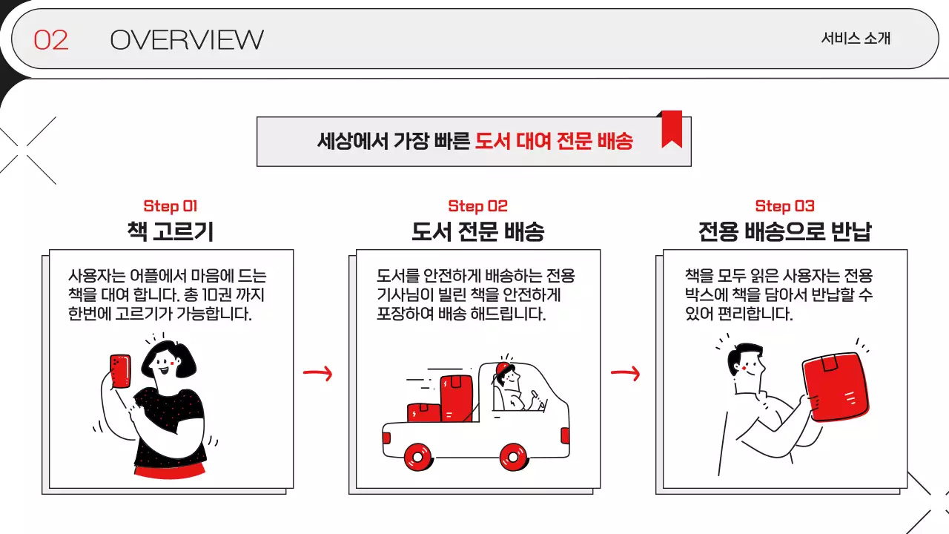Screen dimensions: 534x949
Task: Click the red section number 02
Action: [50, 40]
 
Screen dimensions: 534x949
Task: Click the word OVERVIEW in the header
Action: [186, 40]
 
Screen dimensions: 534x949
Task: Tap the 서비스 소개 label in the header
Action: [855, 39]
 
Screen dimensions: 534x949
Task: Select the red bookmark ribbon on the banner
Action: [671, 128]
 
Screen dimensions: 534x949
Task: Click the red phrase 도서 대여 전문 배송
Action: [554, 141]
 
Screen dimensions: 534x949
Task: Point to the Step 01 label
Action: [171, 206]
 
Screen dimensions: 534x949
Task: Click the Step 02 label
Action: [477, 206]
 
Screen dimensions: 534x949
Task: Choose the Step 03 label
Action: [784, 206]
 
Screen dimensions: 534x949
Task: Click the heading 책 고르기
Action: [171, 232]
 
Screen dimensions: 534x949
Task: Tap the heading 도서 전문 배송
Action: [477, 232]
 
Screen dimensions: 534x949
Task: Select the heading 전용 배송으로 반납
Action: [784, 232]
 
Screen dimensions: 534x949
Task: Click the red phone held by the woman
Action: [120, 371]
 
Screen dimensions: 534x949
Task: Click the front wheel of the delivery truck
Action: [512, 455]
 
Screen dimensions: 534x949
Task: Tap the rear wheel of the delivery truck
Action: [418, 457]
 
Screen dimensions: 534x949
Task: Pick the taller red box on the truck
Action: [456, 398]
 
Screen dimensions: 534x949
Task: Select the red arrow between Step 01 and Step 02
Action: [317, 374]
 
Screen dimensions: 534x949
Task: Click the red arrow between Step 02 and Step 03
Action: [625, 374]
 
